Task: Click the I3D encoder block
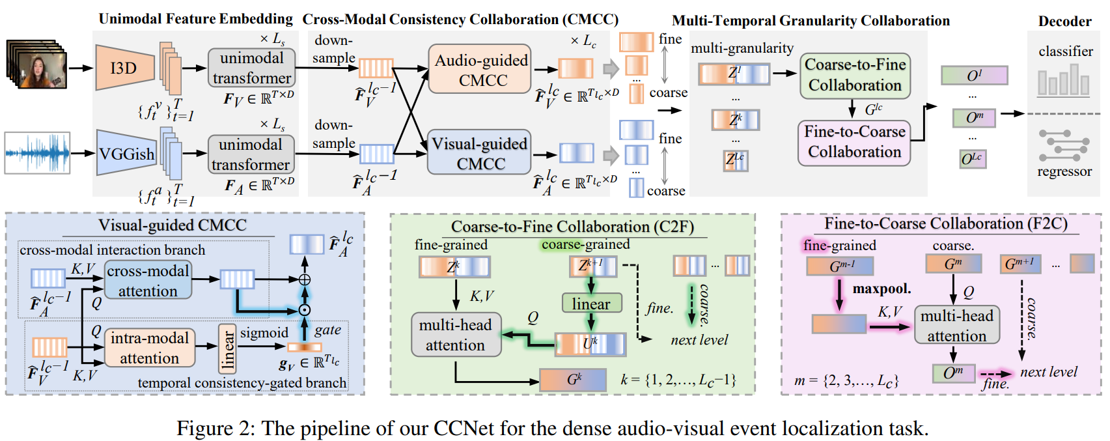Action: click(124, 68)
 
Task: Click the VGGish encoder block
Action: click(126, 154)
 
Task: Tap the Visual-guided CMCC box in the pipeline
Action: click(479, 153)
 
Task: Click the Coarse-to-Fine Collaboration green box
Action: click(855, 75)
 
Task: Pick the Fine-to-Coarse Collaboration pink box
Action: click(854, 141)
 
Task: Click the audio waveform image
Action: click(37, 153)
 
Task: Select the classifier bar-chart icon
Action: click(1063, 82)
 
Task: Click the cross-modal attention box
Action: click(148, 281)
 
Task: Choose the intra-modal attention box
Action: click(149, 348)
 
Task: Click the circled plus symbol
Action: click(304, 279)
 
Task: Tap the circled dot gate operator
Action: click(304, 310)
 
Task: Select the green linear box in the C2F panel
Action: click(591, 304)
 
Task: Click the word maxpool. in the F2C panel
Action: click(881, 288)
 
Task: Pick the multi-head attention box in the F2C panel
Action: click(956, 325)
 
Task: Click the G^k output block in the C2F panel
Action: click(573, 380)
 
